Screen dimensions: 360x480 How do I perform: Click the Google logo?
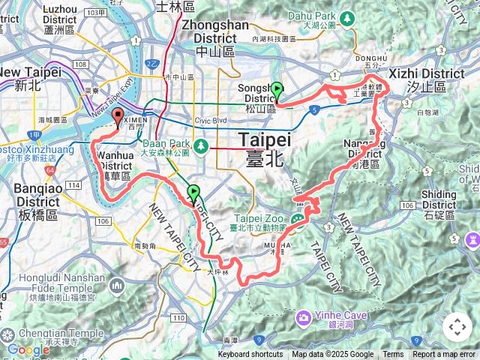tap(28, 349)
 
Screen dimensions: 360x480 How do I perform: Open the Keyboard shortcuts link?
tap(250, 355)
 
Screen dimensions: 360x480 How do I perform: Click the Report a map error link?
tap(444, 355)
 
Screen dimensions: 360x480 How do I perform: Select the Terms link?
tap(393, 355)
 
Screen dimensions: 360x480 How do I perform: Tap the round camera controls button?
tap(457, 327)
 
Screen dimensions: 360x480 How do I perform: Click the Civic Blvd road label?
tap(210, 119)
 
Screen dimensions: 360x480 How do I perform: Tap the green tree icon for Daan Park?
tap(201, 144)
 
